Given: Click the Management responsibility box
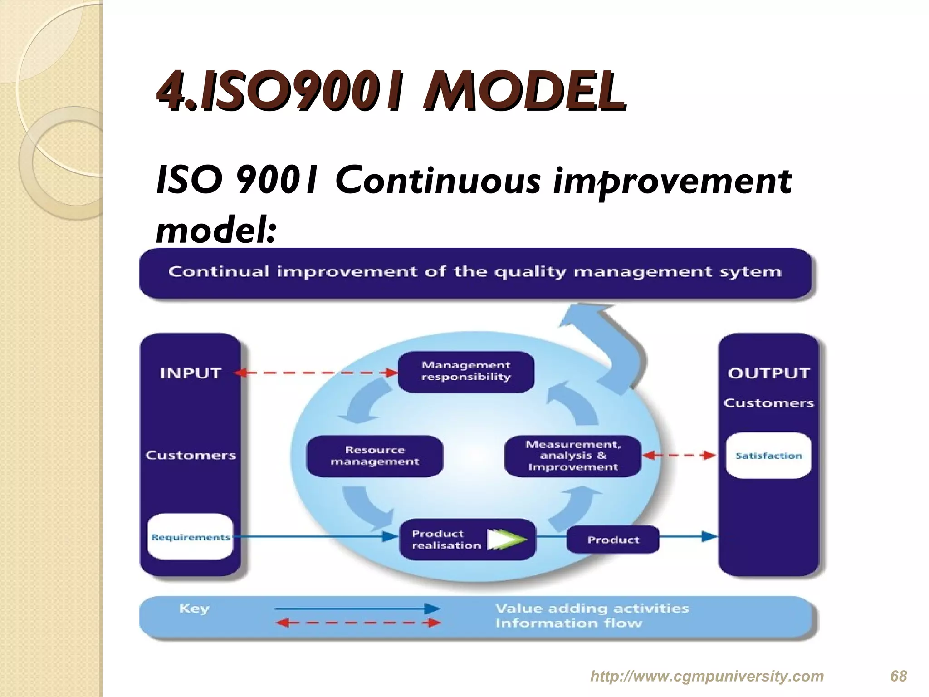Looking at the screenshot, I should click(x=466, y=371).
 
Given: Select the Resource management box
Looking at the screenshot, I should click(x=375, y=456).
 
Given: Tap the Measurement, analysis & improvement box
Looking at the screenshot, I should click(x=572, y=456).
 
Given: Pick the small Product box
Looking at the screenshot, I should click(x=613, y=540).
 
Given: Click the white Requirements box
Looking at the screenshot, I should click(x=190, y=537).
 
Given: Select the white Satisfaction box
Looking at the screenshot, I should click(x=768, y=455).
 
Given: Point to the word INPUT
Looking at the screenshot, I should click(x=190, y=373).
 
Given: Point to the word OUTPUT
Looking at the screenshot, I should click(x=768, y=373).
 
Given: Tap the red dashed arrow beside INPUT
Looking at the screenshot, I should click(x=316, y=373).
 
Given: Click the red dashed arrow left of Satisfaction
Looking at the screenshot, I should click(x=679, y=455).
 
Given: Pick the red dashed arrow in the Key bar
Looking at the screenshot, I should click(x=357, y=623).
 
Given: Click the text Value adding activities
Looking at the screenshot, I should click(x=592, y=608).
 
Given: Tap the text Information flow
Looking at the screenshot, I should click(x=568, y=623).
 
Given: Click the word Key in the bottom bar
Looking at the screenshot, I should click(x=194, y=608).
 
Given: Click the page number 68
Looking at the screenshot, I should click(x=898, y=676).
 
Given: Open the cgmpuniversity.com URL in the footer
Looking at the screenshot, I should click(x=706, y=676).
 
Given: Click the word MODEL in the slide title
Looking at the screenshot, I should click(x=524, y=93).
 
